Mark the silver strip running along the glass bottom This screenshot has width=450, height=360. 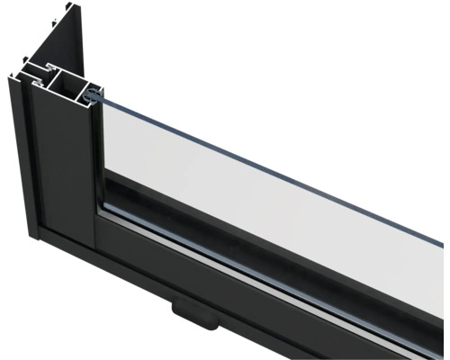pyautogui.click(x=270, y=256)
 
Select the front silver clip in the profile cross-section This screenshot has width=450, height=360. pyautogui.click(x=38, y=83)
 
